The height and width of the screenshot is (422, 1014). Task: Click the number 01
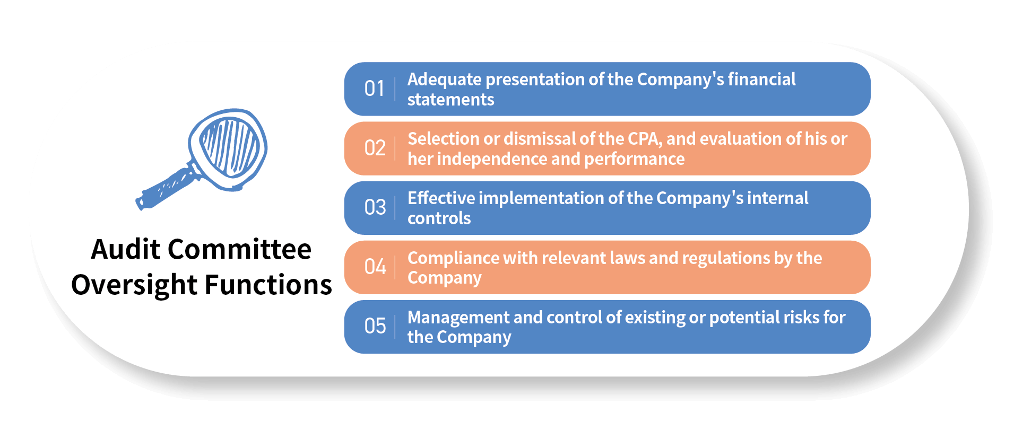tap(374, 89)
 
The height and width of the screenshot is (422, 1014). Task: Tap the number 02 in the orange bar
tap(375, 148)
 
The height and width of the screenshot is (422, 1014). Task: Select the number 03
tap(375, 207)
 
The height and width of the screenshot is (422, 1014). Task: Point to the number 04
tap(375, 267)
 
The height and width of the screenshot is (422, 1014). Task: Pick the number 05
tap(375, 326)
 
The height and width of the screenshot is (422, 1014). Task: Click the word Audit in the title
tap(126, 249)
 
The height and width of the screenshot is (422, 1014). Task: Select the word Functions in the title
tap(268, 285)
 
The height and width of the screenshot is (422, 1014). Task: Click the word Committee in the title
tap(240, 249)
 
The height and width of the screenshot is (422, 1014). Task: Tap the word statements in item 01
tap(450, 100)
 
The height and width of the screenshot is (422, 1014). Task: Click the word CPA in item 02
tap(645, 139)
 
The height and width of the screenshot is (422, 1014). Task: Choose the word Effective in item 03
tap(441, 198)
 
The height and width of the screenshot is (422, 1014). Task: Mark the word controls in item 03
tap(439, 218)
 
